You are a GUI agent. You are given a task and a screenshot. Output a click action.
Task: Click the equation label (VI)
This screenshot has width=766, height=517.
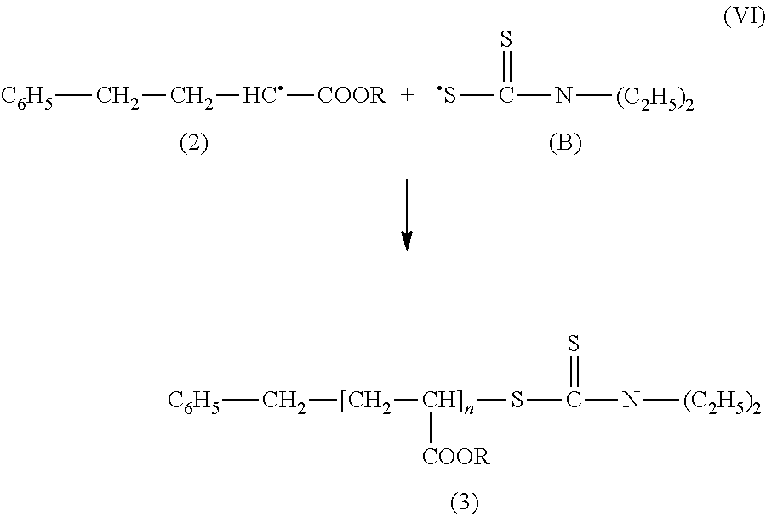[744, 17]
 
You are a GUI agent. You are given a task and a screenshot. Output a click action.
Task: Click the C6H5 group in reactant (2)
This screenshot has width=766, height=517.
[27, 97]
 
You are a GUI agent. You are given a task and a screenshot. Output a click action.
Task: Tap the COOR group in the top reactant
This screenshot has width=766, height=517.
[352, 95]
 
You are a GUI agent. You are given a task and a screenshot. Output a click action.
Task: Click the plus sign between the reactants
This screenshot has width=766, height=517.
[407, 95]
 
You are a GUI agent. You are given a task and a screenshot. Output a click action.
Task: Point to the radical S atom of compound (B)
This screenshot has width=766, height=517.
[447, 95]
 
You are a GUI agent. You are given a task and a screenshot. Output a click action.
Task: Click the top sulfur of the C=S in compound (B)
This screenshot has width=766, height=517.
[506, 39]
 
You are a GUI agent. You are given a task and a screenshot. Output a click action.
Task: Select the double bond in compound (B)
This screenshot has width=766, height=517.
[506, 67]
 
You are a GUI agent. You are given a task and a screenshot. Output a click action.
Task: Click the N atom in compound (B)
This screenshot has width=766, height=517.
[563, 95]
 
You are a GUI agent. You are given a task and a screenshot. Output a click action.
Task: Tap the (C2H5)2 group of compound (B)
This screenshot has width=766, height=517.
[655, 98]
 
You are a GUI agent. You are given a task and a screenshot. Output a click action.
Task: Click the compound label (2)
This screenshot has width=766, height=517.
[194, 144]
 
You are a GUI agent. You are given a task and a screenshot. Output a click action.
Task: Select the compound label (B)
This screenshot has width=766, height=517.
[565, 144]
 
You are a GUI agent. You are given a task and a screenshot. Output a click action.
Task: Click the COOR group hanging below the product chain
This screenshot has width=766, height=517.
[456, 457]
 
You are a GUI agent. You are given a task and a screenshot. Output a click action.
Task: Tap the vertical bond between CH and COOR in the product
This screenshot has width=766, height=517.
[431, 428]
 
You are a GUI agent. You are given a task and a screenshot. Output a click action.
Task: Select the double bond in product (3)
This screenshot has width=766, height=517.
[574, 372]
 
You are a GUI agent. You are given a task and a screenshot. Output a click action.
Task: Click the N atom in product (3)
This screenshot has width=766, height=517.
[631, 401]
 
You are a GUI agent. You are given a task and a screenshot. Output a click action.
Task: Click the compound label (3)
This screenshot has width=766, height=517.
[464, 503]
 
